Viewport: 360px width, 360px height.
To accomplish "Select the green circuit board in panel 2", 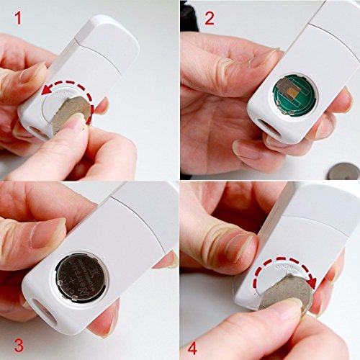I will point(294,94).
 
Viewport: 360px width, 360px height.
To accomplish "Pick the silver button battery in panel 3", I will point(81,277).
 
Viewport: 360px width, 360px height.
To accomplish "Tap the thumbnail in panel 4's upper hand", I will point(238,247).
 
